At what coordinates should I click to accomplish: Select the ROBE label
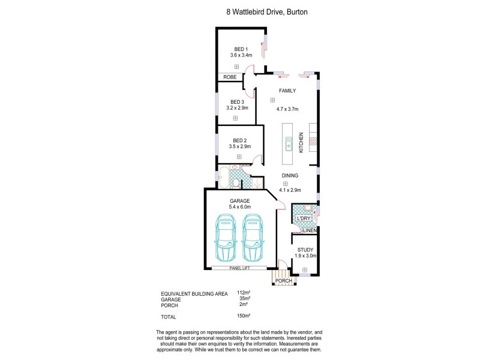pyautogui.click(x=229, y=77)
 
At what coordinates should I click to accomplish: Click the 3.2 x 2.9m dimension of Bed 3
pyautogui.click(x=237, y=108)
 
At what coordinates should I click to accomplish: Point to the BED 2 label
pyautogui.click(x=240, y=140)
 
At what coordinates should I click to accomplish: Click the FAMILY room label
pyautogui.click(x=287, y=91)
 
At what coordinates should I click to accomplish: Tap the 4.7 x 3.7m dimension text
pyautogui.click(x=287, y=109)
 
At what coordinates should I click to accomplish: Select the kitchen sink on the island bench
pyautogui.click(x=289, y=145)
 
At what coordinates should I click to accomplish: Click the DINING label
pyautogui.click(x=290, y=176)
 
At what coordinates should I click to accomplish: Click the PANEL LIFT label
pyautogui.click(x=239, y=268)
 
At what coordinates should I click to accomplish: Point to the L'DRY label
pyautogui.click(x=304, y=218)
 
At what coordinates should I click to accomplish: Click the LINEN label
pyautogui.click(x=309, y=230)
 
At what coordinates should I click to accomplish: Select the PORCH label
pyautogui.click(x=283, y=281)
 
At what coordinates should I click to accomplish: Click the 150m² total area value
pyautogui.click(x=243, y=315)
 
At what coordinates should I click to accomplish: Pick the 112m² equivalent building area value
pyautogui.click(x=243, y=293)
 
